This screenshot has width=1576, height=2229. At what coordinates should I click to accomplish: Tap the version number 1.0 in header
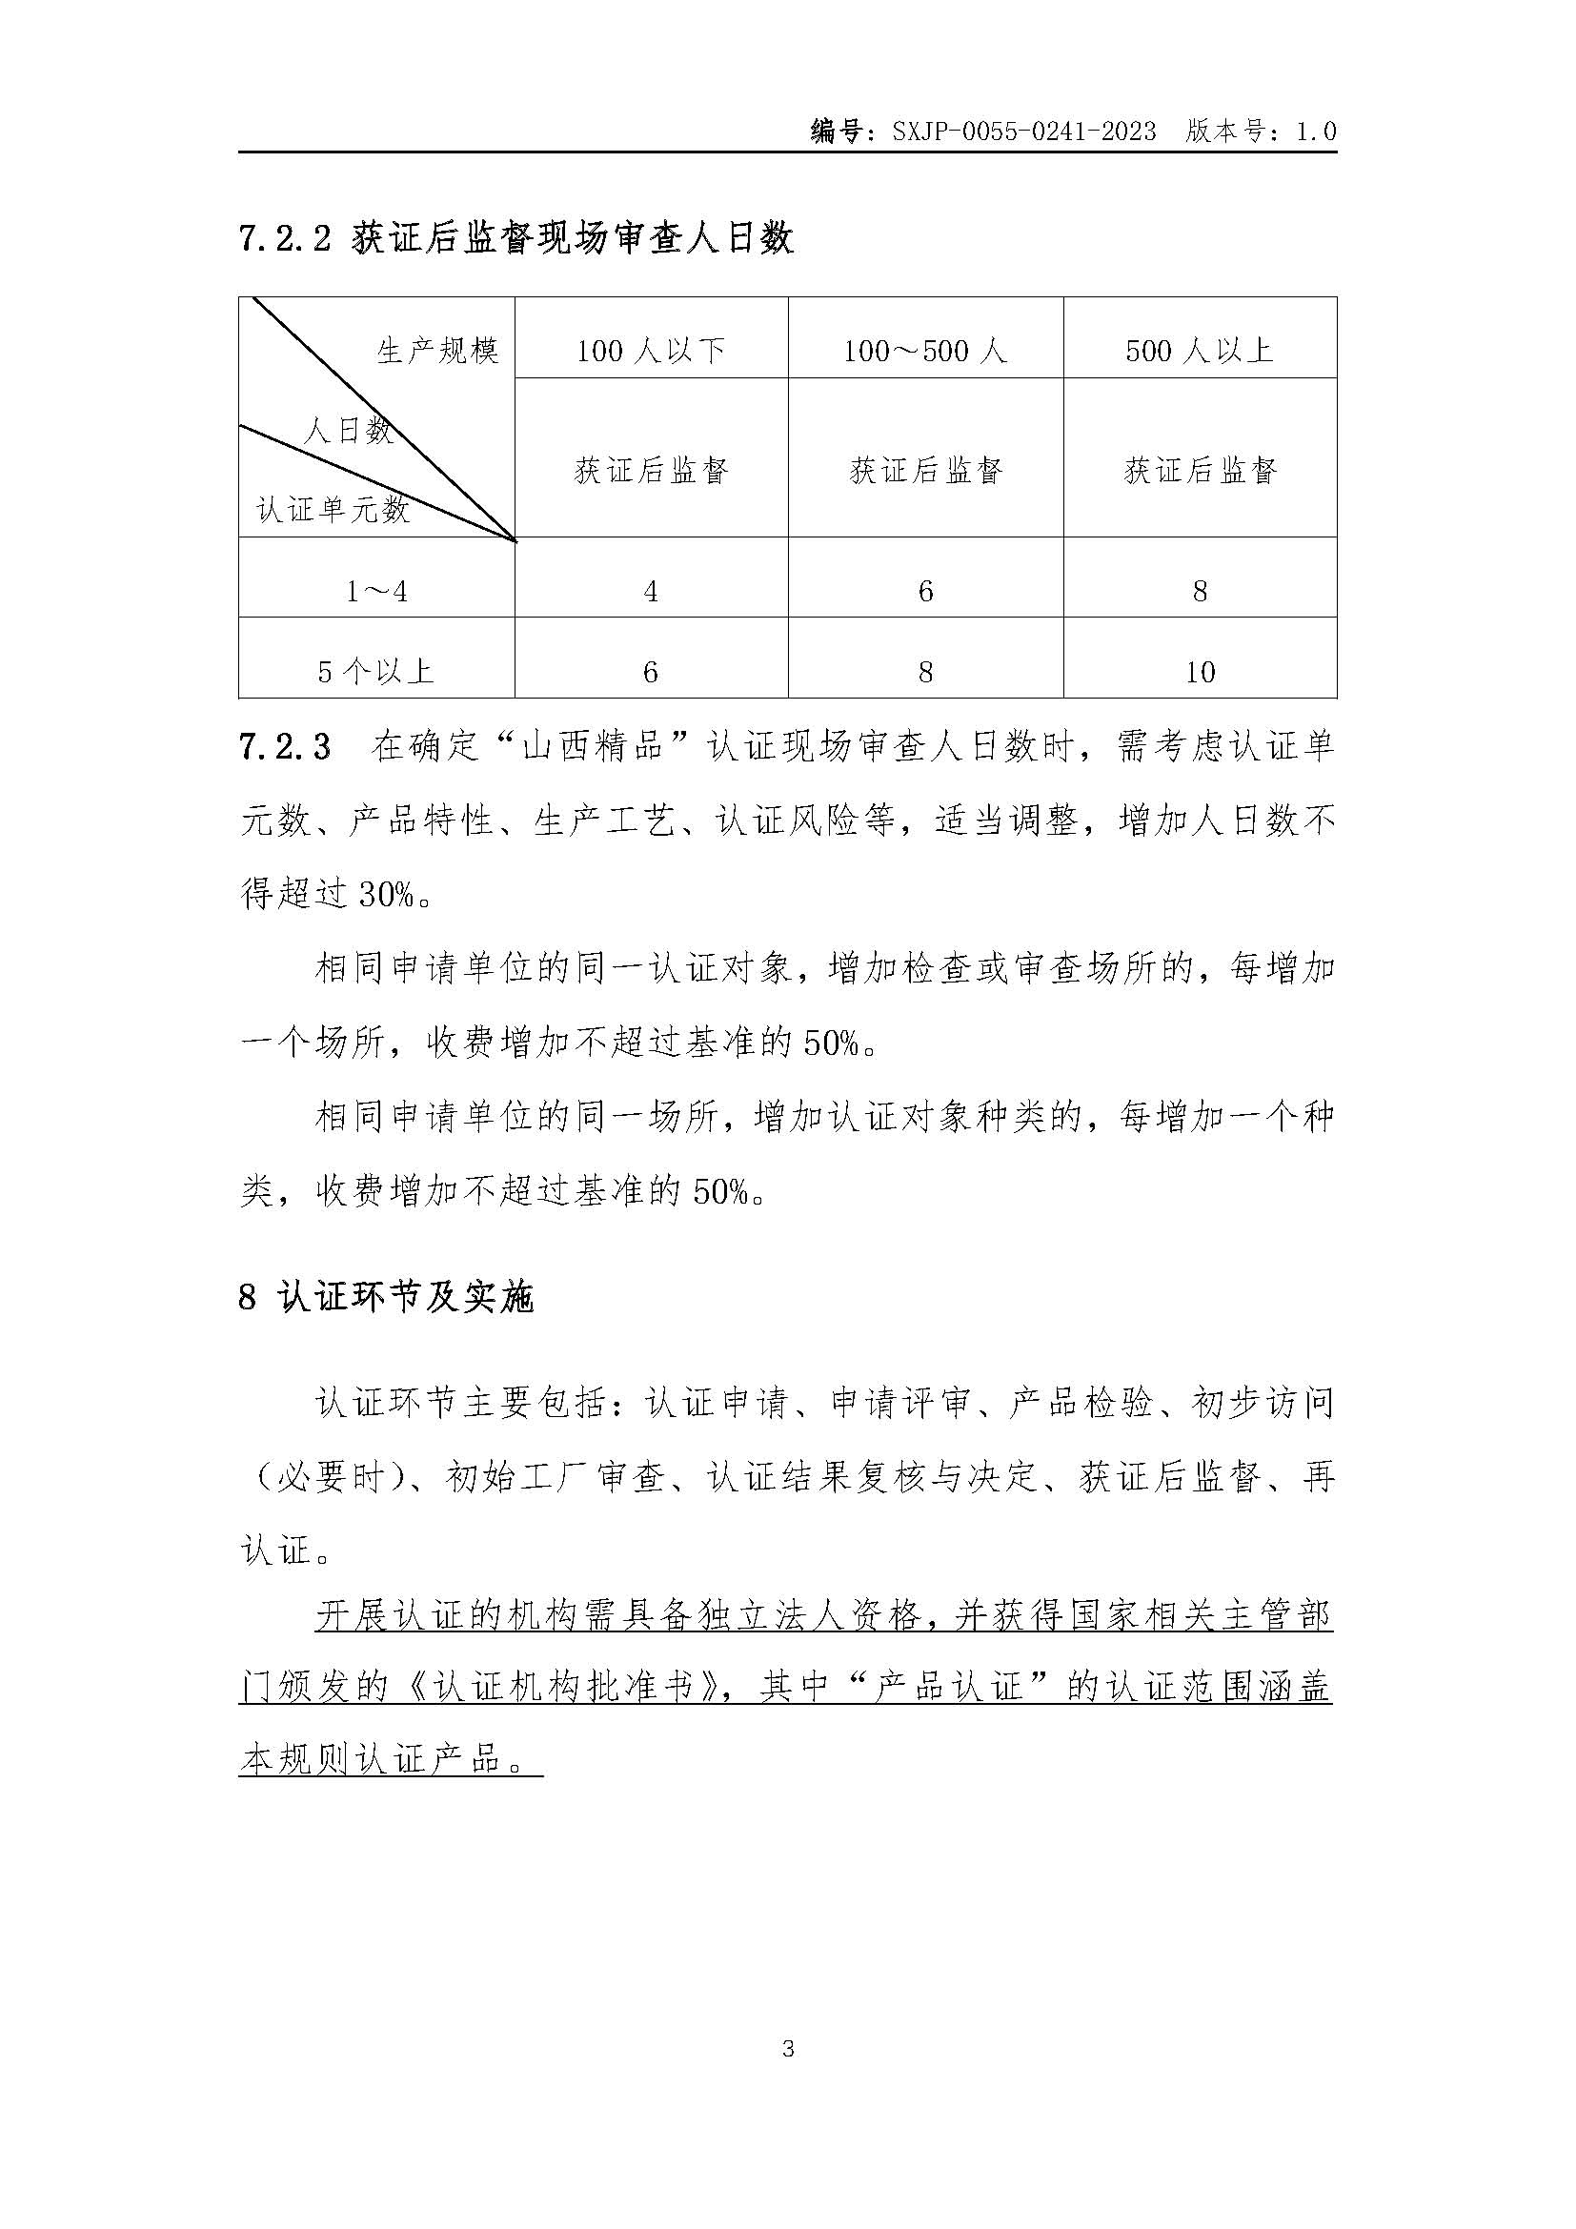(x=1316, y=132)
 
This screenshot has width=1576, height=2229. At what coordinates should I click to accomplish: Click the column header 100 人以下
(x=651, y=351)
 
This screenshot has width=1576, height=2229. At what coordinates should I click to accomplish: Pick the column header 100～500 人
(x=925, y=351)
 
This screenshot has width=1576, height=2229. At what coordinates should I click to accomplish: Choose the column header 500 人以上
(x=1200, y=351)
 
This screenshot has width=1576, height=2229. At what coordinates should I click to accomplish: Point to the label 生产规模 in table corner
(x=437, y=351)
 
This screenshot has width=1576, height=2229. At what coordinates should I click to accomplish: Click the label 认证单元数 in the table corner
(x=333, y=509)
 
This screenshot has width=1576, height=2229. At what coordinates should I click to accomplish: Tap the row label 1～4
(x=376, y=591)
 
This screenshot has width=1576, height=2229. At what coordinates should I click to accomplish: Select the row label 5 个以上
(x=376, y=672)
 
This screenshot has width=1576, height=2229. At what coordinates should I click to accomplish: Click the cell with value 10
(x=1201, y=672)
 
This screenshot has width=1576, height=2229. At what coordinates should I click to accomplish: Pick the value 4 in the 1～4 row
(x=651, y=591)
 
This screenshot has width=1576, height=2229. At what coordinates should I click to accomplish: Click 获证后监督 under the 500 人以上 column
(x=1201, y=471)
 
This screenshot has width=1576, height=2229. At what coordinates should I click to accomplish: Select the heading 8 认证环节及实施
(x=386, y=1298)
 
